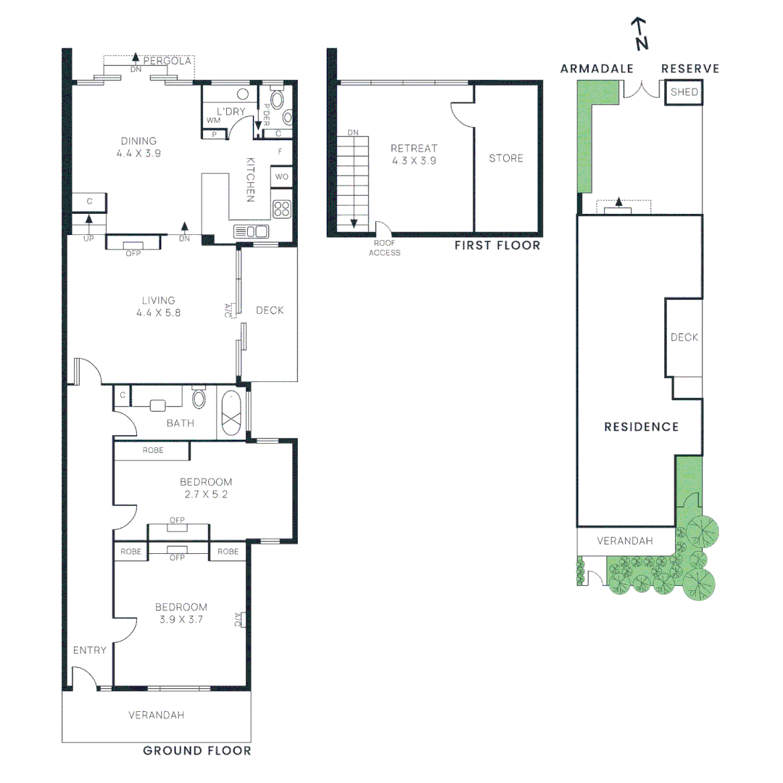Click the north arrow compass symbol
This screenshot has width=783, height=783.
point(639,35)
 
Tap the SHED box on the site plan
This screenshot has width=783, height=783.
point(684,93)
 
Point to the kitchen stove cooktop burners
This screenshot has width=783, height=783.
point(282,209)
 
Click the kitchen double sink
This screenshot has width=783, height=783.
point(251,231)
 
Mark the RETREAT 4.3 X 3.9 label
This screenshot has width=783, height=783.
point(414,154)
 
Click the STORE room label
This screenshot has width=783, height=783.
point(506,158)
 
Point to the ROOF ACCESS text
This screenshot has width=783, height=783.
point(384,248)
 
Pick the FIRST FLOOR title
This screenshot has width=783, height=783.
point(497,246)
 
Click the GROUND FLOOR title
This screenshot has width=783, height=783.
point(197,751)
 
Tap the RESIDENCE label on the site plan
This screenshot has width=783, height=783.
point(642,427)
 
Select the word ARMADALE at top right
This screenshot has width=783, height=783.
point(597,69)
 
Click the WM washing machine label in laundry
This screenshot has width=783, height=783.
point(213,120)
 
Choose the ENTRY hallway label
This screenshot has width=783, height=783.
point(90,650)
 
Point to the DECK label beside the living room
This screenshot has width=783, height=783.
point(270,310)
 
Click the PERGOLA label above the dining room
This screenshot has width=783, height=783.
point(167,62)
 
